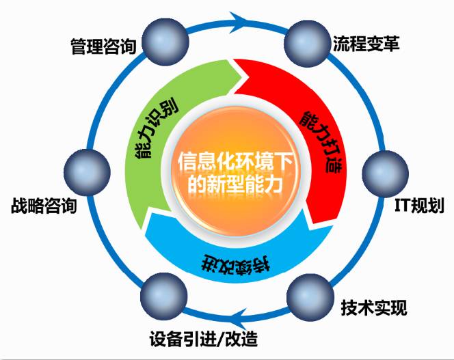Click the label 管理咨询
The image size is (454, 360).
pyautogui.click(x=103, y=47)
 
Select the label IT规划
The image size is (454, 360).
pyautogui.click(x=420, y=206)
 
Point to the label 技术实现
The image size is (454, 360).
pyautogui.click(x=373, y=308)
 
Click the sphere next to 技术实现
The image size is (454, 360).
pyautogui.click(x=306, y=294)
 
